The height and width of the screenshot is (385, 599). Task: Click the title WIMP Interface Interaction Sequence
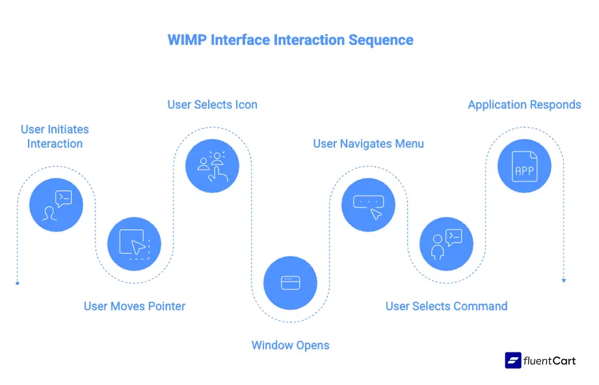(x=290, y=40)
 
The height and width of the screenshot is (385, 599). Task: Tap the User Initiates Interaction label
(x=55, y=137)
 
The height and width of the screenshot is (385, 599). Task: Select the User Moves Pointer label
(x=135, y=306)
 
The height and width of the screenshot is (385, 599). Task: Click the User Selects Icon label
(x=212, y=105)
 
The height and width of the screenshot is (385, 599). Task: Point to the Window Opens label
(x=290, y=345)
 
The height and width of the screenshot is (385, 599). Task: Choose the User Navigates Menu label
(x=368, y=144)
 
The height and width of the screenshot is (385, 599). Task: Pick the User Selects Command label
(x=446, y=306)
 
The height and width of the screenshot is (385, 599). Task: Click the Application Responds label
(x=524, y=105)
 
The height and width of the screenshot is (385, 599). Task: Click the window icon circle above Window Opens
(x=290, y=283)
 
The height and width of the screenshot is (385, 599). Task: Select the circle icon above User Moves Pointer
(x=134, y=244)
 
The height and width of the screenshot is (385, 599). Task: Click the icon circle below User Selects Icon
(x=212, y=166)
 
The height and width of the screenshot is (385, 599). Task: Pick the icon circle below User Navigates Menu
(x=368, y=205)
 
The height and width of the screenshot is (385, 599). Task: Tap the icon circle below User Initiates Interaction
(x=56, y=205)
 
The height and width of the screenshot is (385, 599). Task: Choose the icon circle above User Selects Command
(x=446, y=244)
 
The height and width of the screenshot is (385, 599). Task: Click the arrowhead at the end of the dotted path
(x=563, y=280)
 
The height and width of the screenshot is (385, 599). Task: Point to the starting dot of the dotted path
(x=17, y=283)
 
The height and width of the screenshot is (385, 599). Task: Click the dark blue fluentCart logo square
(x=513, y=360)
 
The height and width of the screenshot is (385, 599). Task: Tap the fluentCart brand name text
(x=550, y=360)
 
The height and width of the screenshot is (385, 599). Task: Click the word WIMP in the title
(x=187, y=40)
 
